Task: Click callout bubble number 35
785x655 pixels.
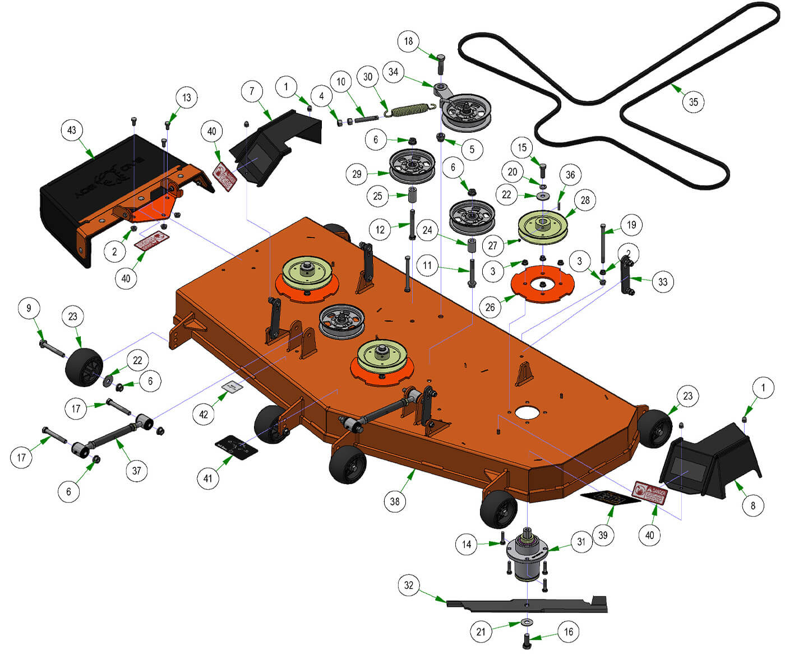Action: pos(694,102)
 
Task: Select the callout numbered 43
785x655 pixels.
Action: pos(72,131)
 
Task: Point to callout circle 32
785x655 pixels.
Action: pos(409,586)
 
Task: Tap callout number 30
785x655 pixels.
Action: pos(368,77)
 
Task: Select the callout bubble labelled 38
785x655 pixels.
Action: pos(395,501)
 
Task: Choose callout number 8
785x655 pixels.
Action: pos(752,506)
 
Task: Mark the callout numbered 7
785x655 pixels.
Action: pos(252,91)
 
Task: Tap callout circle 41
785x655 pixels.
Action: pos(208,479)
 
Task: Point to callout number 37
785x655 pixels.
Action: pos(137,471)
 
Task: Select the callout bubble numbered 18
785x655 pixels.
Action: pos(408,41)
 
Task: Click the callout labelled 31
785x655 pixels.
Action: pos(581,542)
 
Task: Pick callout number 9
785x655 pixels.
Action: pos(29,308)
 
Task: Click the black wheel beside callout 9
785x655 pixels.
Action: pos(83,367)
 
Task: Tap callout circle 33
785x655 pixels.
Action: pos(663,282)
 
